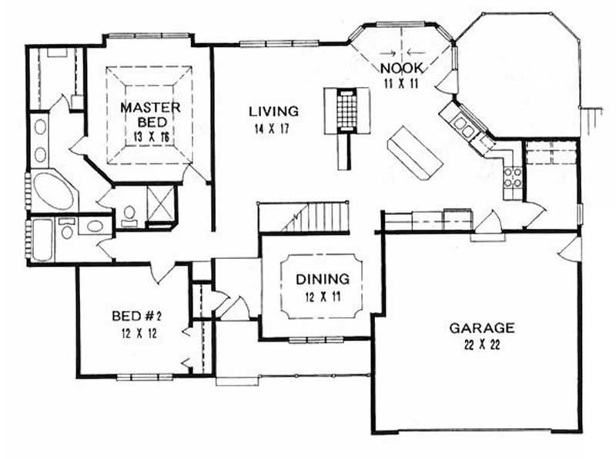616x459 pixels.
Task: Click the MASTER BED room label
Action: (150, 115)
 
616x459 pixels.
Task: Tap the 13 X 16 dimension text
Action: (150, 136)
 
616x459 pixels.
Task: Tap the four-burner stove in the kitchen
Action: (513, 179)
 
